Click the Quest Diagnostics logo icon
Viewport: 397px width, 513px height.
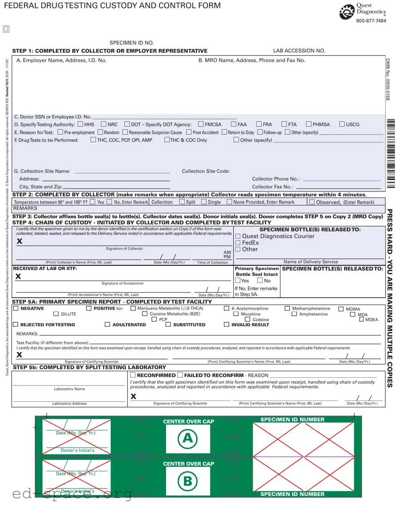[x=347, y=12]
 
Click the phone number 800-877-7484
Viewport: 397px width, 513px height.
[x=371, y=21]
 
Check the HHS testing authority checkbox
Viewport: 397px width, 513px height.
[x=81, y=124]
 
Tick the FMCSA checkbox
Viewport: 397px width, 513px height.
[x=201, y=124]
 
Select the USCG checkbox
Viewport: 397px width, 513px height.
[x=342, y=124]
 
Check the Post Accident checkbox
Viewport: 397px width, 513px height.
[x=189, y=132]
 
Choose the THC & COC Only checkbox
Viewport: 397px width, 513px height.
[x=167, y=140]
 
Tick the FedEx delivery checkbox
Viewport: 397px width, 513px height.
[x=238, y=243]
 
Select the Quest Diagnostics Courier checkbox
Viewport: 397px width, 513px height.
[x=238, y=236]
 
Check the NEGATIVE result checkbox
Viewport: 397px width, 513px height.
[x=16, y=308]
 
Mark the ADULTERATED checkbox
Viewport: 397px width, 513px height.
[x=107, y=325]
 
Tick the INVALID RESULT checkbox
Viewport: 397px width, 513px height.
[x=227, y=325]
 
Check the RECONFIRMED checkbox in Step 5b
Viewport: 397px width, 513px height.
[x=133, y=375]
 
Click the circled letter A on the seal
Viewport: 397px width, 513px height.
[x=187, y=439]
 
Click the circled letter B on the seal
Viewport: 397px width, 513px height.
[x=187, y=481]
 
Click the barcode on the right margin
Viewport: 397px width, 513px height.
[x=391, y=153]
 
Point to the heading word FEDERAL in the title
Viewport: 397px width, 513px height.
[x=21, y=6]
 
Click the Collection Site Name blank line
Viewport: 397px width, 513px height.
[x=122, y=172]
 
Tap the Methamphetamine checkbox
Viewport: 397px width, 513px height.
[x=288, y=308]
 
